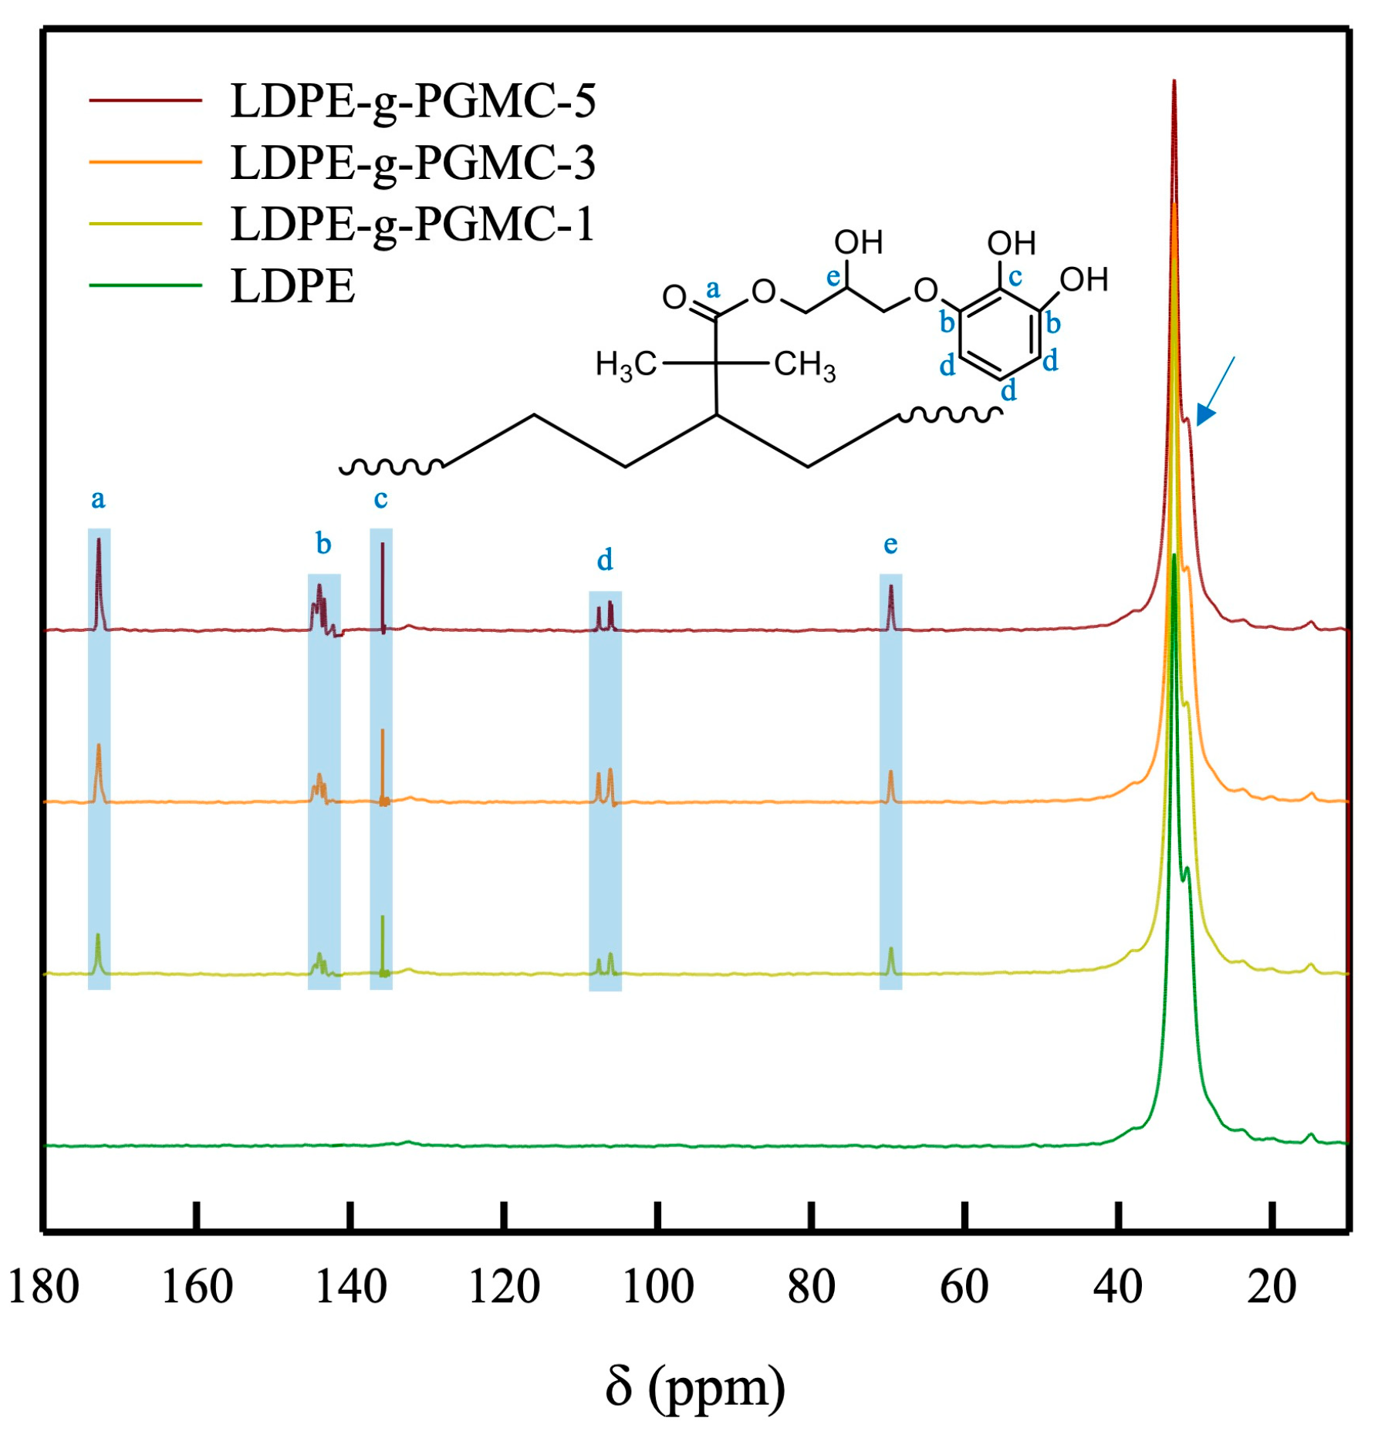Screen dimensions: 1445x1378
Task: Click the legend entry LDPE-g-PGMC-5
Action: click(413, 101)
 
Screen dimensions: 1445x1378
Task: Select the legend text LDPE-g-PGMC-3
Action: click(413, 163)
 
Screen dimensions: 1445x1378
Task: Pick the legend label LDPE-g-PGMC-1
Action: click(413, 225)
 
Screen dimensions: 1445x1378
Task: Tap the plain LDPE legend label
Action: click(293, 286)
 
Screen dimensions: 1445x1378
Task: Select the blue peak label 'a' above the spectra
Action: click(98, 499)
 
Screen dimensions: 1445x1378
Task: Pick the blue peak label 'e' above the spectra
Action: click(890, 545)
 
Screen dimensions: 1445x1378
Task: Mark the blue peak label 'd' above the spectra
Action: click(605, 559)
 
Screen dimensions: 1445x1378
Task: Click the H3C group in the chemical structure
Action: click(625, 364)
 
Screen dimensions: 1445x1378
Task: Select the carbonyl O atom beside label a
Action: click(674, 297)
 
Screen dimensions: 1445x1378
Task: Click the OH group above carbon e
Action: click(858, 243)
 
